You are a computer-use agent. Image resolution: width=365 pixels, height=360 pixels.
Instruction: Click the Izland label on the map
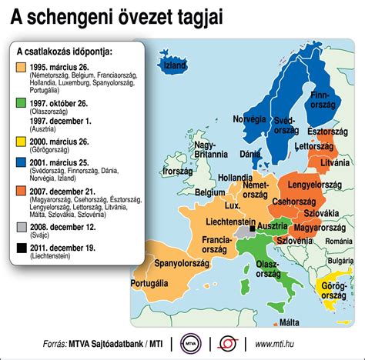pyautogui.click(x=176, y=66)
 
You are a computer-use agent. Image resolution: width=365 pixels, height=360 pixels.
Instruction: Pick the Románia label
pyautogui.click(x=339, y=242)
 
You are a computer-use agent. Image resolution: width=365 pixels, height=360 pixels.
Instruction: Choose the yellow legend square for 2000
pyautogui.click(x=21, y=142)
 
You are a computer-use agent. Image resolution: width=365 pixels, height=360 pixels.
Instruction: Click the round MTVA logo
pyautogui.click(x=189, y=342)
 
